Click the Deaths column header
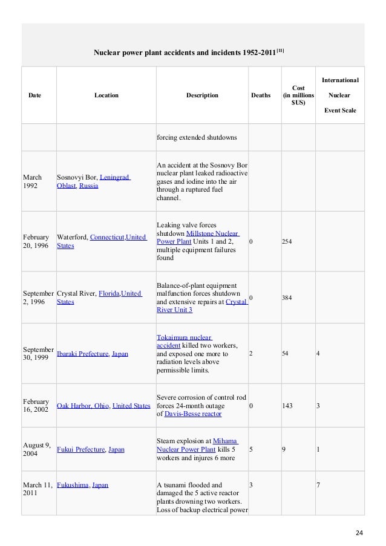coord(261,95)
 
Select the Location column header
coord(106,95)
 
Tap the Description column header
coord(202,95)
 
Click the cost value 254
coord(288,241)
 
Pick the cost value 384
coord(288,297)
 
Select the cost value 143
coord(288,406)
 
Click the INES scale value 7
coord(318,484)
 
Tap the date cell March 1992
coord(33,181)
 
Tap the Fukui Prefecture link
coord(80,449)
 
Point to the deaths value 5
coord(250,449)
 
